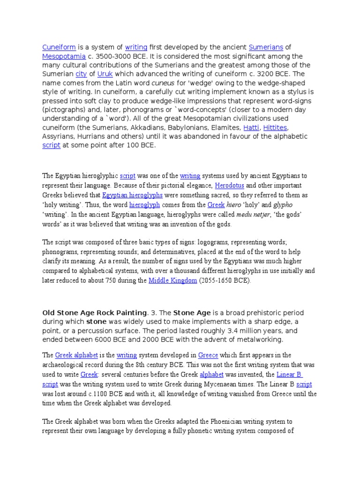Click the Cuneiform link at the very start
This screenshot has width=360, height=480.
click(x=59, y=47)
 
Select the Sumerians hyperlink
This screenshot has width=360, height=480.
click(x=266, y=47)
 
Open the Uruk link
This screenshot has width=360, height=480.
click(x=105, y=74)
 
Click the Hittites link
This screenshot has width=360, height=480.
click(x=275, y=127)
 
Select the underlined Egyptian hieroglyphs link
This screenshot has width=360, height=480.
click(x=126, y=195)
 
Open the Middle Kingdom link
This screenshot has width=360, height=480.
click(x=172, y=281)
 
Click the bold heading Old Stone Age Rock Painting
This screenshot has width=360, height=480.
click(x=95, y=313)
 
